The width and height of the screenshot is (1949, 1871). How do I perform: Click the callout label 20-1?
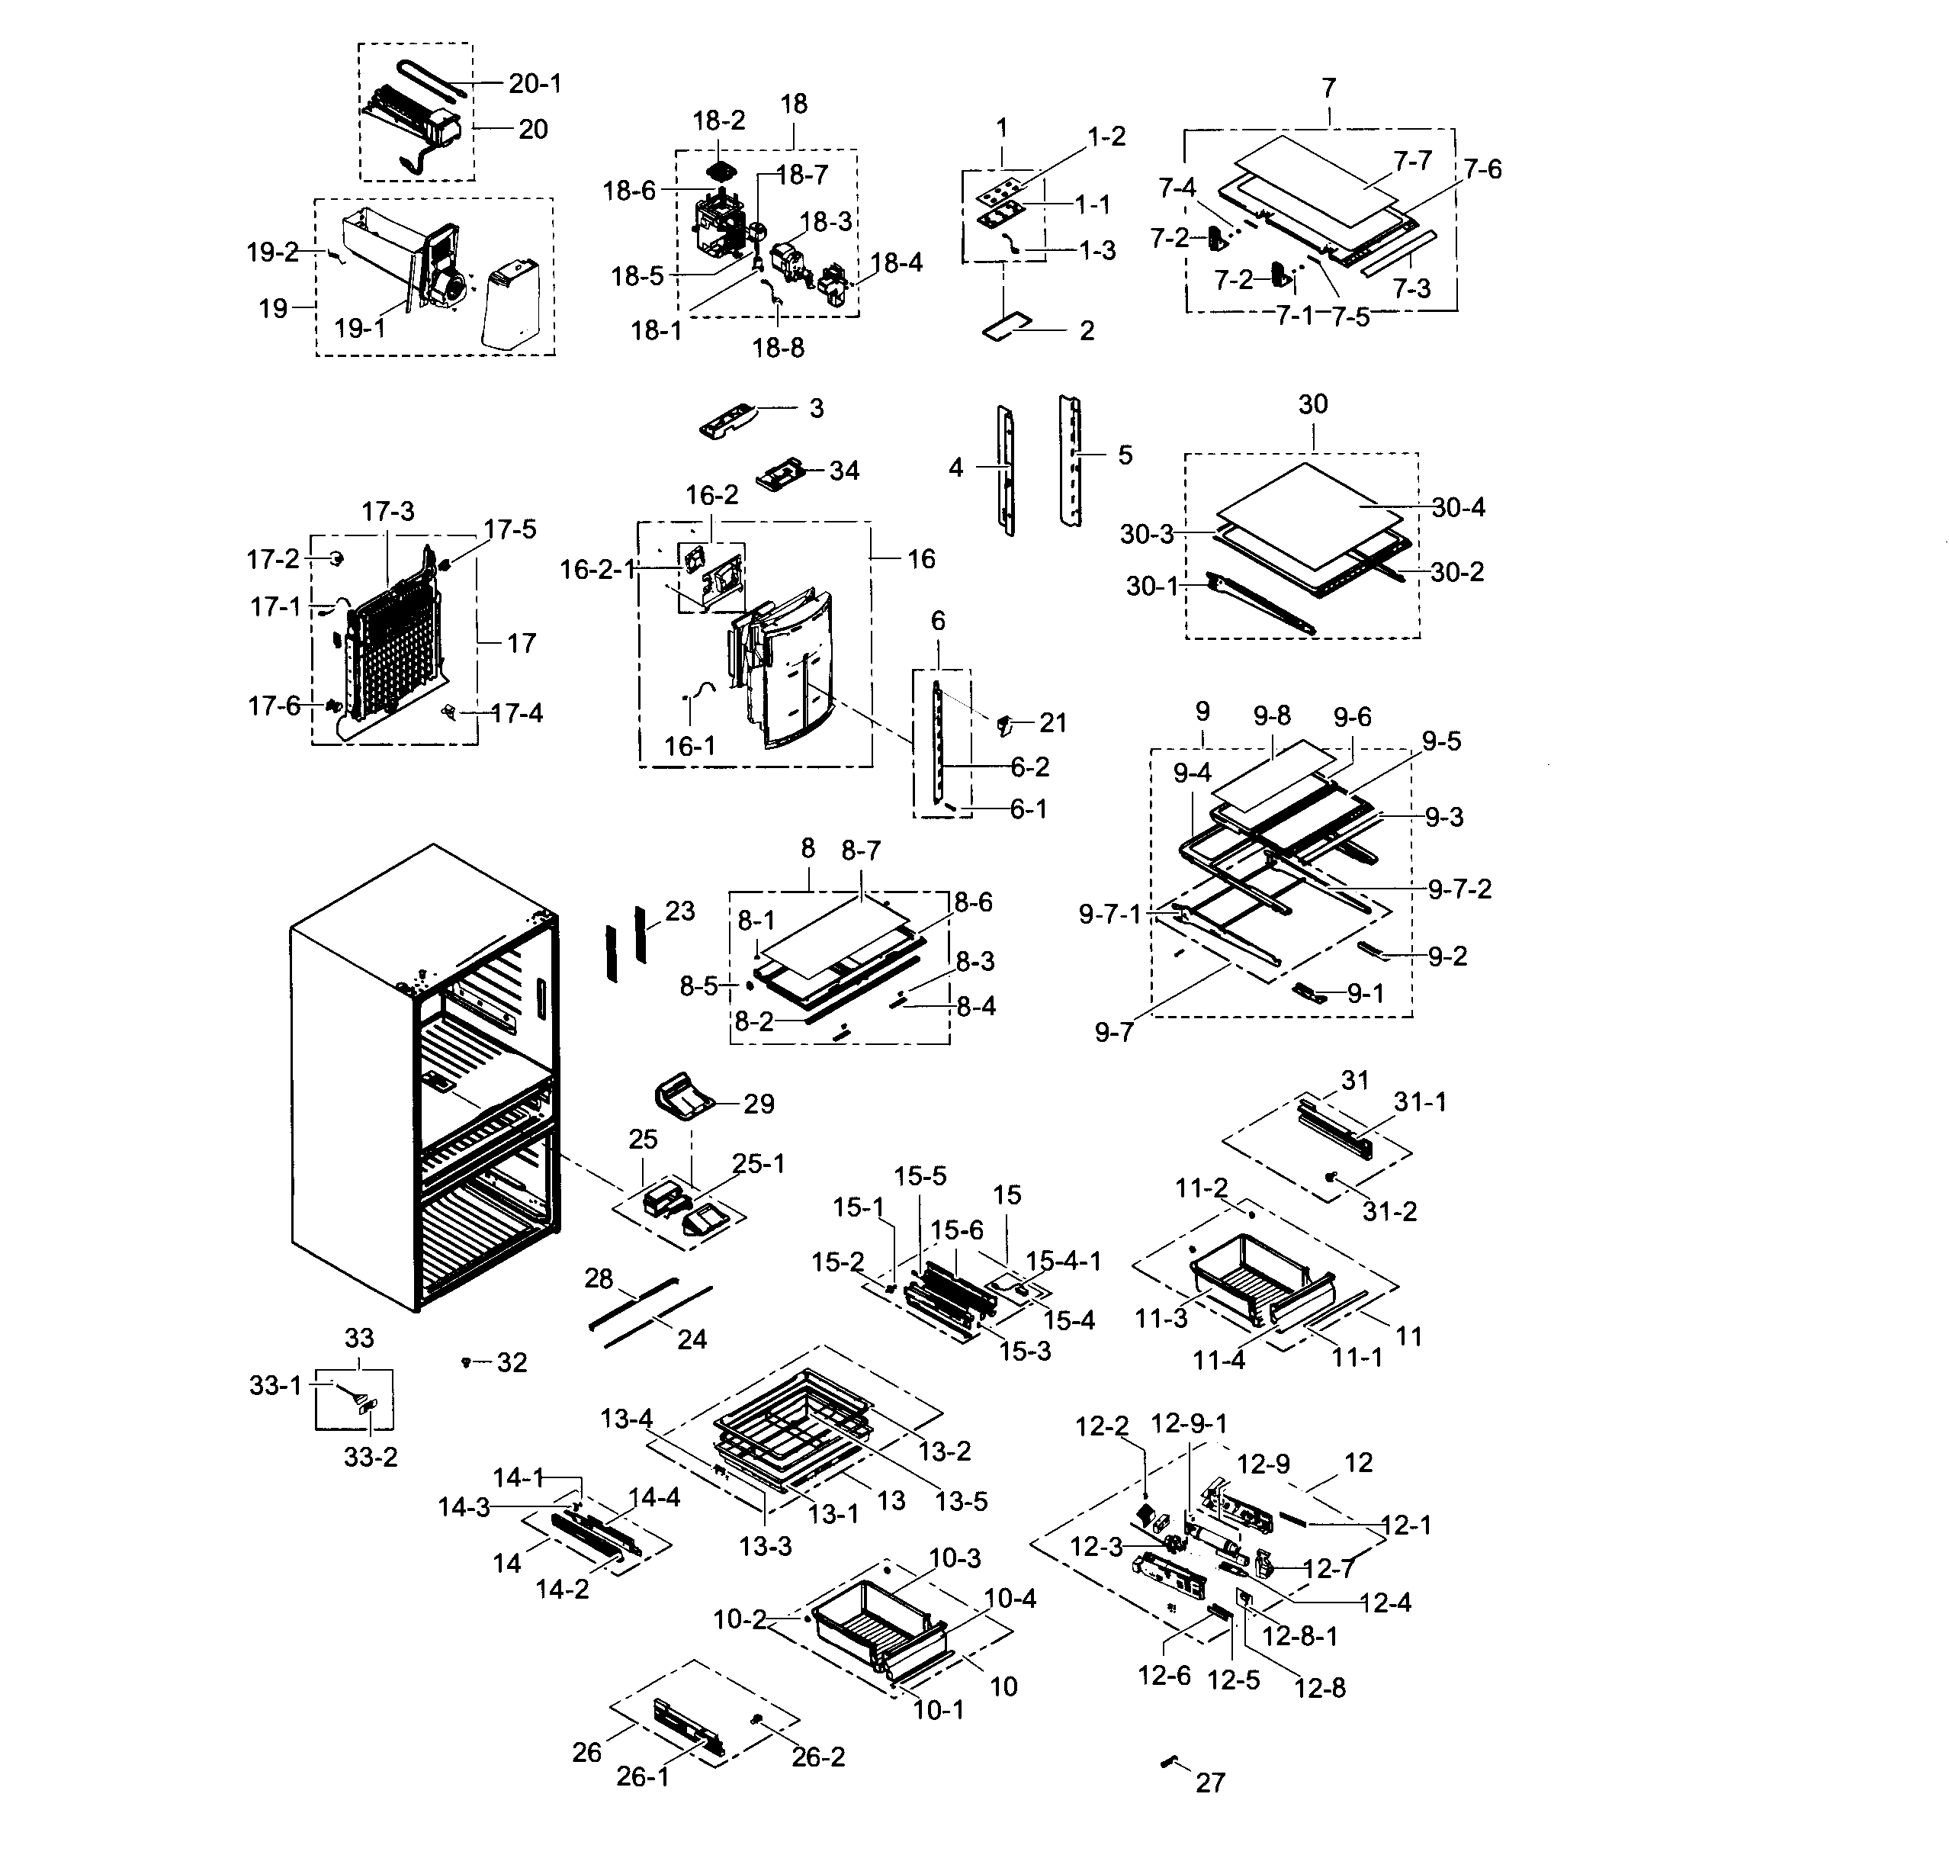click(x=535, y=84)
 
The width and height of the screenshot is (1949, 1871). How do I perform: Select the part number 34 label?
click(x=843, y=471)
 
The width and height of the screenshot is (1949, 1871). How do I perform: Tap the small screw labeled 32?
click(x=465, y=1361)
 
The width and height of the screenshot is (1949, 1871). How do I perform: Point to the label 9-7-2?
click(x=1459, y=889)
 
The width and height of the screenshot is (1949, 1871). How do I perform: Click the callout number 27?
click(x=1210, y=1783)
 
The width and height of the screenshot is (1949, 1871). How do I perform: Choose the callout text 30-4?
click(x=1458, y=507)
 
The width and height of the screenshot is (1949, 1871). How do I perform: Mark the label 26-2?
click(x=817, y=1757)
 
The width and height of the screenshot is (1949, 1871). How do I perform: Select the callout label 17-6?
click(x=274, y=706)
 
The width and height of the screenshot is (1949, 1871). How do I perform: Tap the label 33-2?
click(x=370, y=1457)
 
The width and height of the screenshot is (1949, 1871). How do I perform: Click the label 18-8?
click(x=778, y=348)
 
